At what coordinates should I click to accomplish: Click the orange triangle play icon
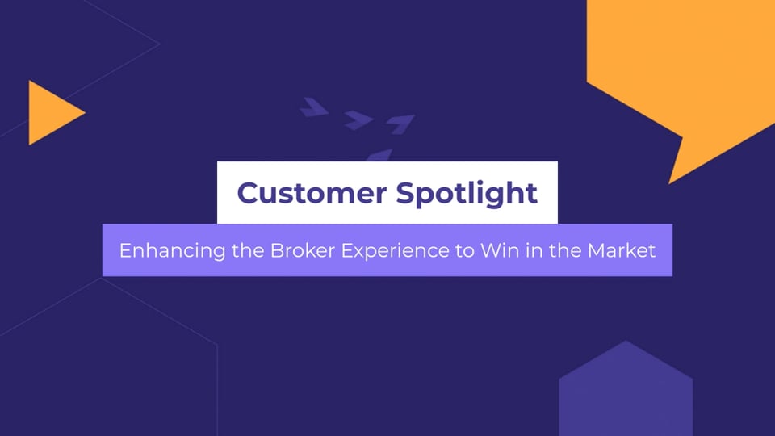click(x=52, y=113)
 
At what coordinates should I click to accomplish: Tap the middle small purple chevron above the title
click(x=357, y=120)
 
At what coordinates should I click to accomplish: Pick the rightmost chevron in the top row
click(x=400, y=124)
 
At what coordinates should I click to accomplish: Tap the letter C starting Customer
click(x=247, y=193)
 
